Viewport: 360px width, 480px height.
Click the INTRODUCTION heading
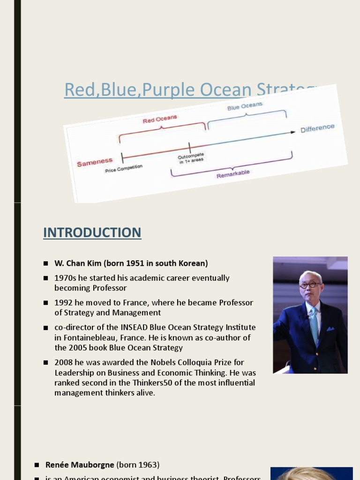click(92, 232)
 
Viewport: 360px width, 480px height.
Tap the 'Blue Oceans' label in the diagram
click(245, 106)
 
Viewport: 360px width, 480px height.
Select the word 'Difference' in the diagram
click(317, 128)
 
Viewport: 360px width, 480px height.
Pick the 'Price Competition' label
click(124, 169)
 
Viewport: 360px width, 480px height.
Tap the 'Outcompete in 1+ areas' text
click(191, 158)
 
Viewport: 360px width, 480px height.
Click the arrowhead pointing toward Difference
click(293, 132)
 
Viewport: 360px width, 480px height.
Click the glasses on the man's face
click(310, 285)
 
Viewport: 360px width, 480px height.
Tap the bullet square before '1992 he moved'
click(46, 303)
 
